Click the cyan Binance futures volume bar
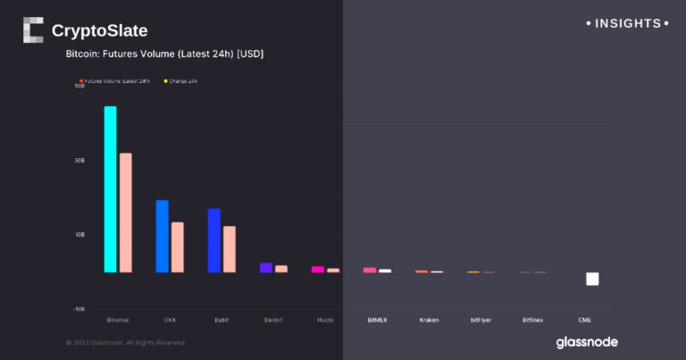click(110, 189)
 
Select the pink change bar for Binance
click(126, 213)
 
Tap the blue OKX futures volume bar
click(162, 236)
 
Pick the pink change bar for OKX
click(178, 247)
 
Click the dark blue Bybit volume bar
click(213, 240)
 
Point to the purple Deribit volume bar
click(265, 267)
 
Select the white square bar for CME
click(592, 280)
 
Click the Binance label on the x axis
click(118, 319)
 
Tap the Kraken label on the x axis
click(429, 319)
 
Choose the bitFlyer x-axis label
click(481, 319)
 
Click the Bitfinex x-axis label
click(532, 319)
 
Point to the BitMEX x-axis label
click(377, 319)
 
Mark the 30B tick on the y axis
click(79, 161)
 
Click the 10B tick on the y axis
click(79, 234)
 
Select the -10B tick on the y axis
click(79, 308)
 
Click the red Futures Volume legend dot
click(81, 81)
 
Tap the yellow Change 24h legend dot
click(165, 81)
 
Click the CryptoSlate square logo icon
click(33, 29)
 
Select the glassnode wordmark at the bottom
click(586, 341)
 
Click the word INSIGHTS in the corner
click(627, 23)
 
